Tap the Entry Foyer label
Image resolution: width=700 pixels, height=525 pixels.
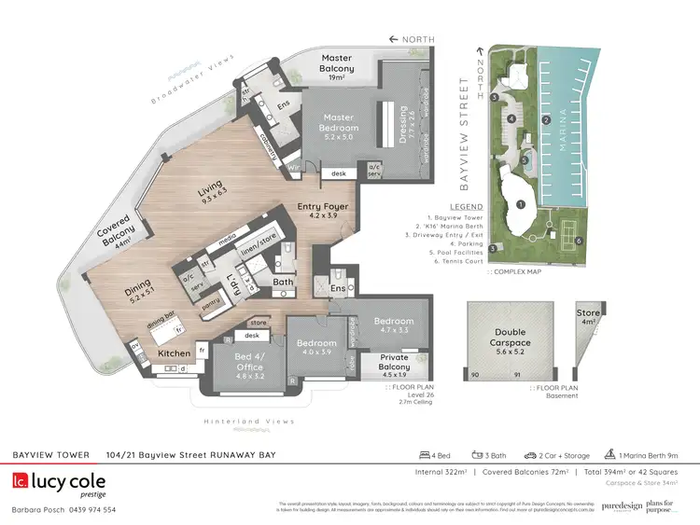click(324, 210)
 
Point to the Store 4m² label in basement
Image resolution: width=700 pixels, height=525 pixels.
click(588, 317)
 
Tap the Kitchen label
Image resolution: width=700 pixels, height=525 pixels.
click(175, 354)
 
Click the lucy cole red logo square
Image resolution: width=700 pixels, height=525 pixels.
click(21, 482)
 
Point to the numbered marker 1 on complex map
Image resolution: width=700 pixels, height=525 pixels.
click(521, 204)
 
